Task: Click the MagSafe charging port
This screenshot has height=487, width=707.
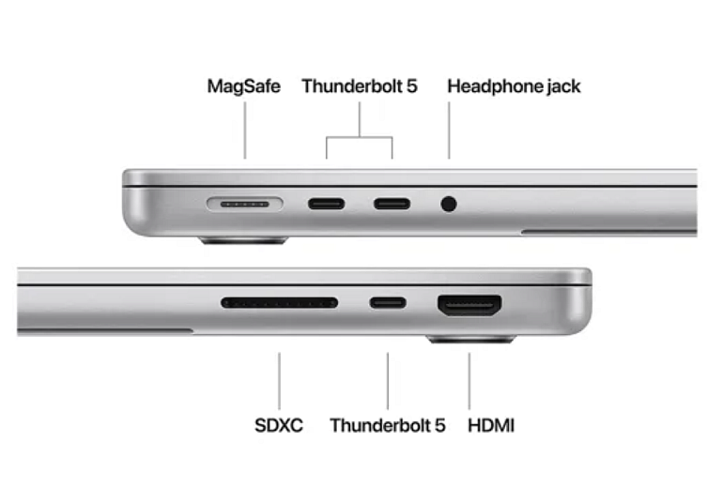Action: click(245, 204)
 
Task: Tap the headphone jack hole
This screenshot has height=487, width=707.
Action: click(449, 204)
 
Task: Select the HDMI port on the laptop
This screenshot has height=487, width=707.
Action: click(469, 306)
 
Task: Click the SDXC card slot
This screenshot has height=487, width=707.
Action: click(280, 302)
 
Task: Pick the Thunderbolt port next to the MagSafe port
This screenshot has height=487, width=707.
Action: click(327, 204)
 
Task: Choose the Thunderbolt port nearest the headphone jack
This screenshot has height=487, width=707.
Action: click(392, 204)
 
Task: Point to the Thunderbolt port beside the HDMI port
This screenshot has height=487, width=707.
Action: click(388, 303)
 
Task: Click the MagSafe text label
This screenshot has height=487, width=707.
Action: click(244, 86)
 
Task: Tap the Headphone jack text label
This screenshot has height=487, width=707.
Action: click(514, 86)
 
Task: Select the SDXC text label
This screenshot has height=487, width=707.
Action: click(279, 425)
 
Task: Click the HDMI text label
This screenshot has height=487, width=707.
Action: click(491, 425)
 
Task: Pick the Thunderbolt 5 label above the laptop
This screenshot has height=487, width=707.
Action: click(360, 86)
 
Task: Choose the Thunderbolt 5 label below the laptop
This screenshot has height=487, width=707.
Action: click(388, 425)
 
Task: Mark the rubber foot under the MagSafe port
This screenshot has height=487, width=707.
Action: click(244, 240)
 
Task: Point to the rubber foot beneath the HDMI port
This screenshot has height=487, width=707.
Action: click(471, 339)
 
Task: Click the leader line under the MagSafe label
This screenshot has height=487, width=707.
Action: click(245, 130)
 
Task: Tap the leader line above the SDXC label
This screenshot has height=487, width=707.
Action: click(279, 381)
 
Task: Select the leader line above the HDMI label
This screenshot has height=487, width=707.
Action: click(469, 381)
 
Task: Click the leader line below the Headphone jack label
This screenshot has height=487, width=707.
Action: click(449, 130)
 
